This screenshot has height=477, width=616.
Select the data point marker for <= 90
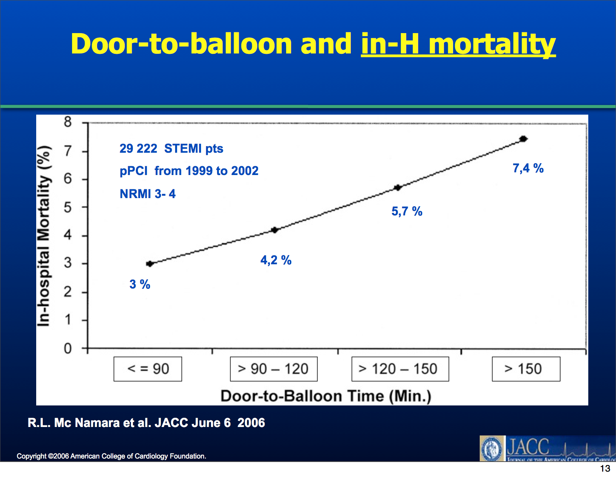click(150, 264)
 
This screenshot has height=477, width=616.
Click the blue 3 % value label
click(140, 284)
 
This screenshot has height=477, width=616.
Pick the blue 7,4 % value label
click(528, 168)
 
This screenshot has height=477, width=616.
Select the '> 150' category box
click(526, 369)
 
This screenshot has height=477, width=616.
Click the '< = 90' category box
click(148, 369)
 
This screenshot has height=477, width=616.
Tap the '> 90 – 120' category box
click(273, 369)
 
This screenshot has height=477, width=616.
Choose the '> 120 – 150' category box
click(400, 369)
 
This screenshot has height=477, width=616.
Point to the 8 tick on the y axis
click(68, 122)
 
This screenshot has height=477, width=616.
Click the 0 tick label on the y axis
click(68, 349)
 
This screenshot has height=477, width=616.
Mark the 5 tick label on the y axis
click(68, 208)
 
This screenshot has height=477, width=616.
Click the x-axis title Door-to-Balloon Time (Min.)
click(326, 396)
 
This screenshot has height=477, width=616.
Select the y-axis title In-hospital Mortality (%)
click(44, 236)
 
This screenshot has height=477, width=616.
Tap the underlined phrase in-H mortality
click(458, 44)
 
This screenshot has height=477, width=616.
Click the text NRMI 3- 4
click(147, 194)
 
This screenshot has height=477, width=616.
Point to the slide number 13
click(605, 469)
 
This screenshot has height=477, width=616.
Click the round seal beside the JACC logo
click(492, 449)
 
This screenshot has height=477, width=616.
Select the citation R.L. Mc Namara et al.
click(146, 423)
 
